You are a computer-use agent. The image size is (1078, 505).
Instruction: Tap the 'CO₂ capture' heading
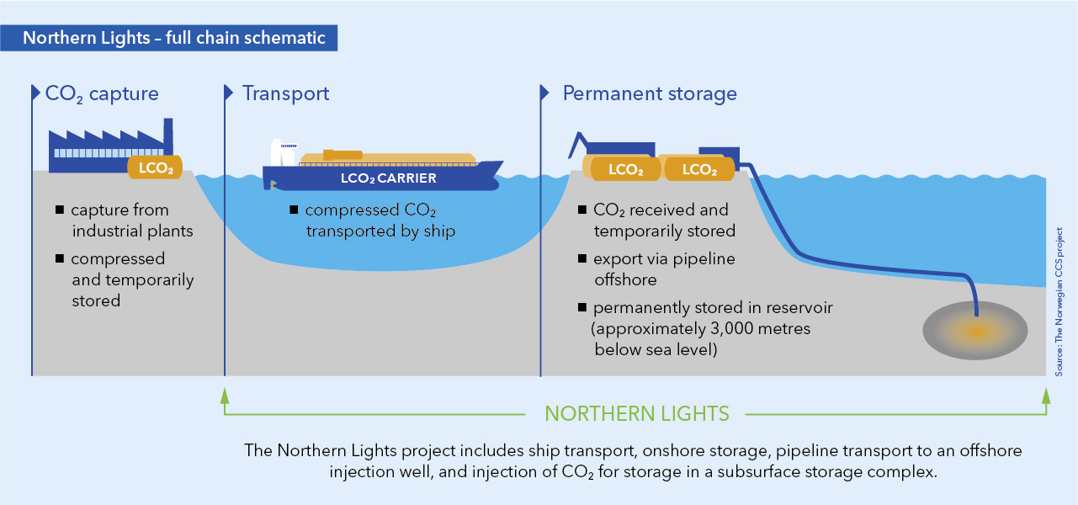101,93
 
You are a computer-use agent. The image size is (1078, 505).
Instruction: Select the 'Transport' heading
285,93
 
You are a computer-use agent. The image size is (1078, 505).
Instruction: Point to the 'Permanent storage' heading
649,93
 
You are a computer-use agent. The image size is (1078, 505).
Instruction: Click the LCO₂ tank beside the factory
155,167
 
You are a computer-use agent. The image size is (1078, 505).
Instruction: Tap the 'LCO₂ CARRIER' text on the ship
389,178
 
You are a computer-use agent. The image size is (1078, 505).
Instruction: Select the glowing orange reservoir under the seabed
975,331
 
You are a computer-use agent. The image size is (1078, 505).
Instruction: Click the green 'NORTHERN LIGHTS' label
636,413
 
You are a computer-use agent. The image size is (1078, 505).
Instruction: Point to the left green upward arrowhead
224,395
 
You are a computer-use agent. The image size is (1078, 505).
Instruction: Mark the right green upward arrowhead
1046,395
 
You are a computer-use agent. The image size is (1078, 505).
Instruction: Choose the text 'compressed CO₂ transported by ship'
379,220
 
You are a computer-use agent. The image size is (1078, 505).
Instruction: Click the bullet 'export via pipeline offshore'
664,268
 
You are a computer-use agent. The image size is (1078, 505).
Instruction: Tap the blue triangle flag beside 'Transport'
228,93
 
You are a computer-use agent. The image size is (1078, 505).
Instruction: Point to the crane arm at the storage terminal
577,142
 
